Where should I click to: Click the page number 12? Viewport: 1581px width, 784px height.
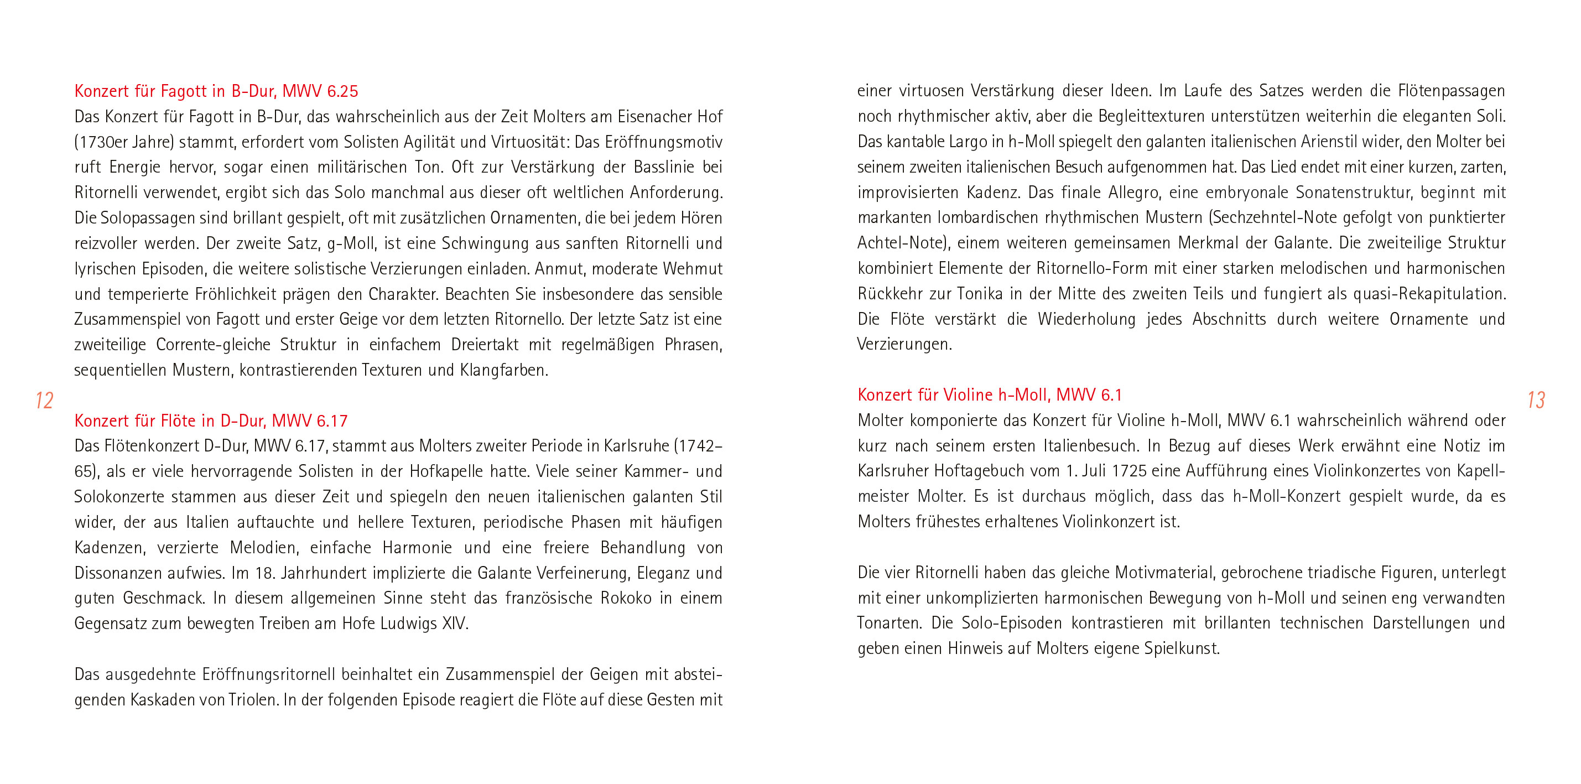click(44, 400)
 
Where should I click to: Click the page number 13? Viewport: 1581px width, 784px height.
click(1536, 400)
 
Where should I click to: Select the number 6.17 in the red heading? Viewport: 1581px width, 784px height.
click(332, 421)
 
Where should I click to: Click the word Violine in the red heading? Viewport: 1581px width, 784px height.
click(968, 394)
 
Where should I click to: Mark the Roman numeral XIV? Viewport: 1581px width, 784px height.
click(455, 624)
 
